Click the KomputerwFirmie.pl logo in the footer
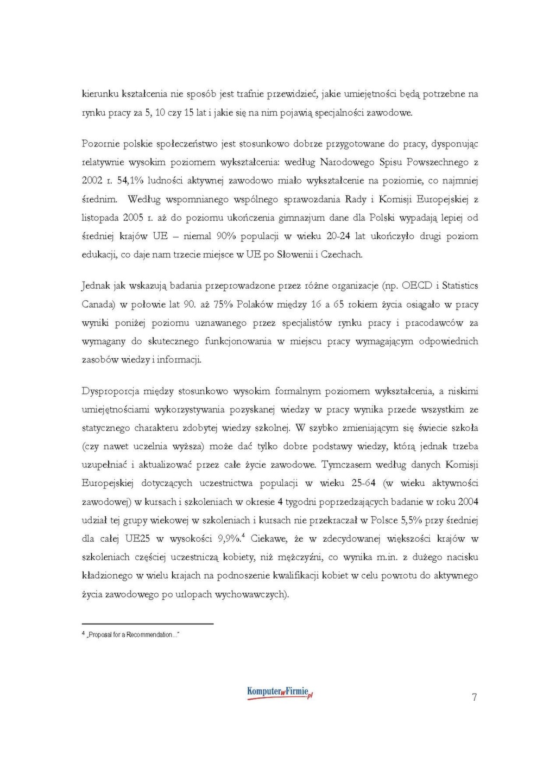pyautogui.click(x=280, y=693)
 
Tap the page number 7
pyautogui.click(x=475, y=697)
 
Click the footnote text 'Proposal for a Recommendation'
pyautogui.click(x=132, y=634)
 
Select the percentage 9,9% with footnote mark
pyautogui.click(x=230, y=539)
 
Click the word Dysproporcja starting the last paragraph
pyautogui.click(x=110, y=391)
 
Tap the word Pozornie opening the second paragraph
pyautogui.click(x=100, y=144)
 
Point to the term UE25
pyautogui.click(x=137, y=539)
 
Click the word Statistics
pyautogui.click(x=459, y=285)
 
